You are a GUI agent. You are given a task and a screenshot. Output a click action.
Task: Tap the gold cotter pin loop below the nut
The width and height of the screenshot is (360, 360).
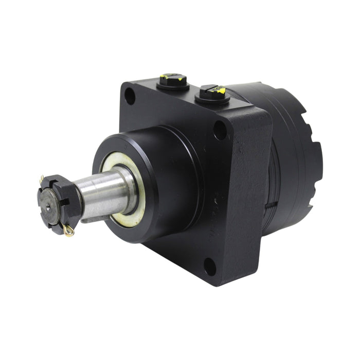point(68,231)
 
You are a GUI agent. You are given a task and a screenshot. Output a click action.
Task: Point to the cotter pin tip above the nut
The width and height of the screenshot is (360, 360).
point(41,178)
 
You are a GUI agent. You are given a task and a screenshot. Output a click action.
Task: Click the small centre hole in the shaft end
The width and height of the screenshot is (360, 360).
point(48,206)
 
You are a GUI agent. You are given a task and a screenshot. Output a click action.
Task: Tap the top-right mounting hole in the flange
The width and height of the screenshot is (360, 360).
point(220,131)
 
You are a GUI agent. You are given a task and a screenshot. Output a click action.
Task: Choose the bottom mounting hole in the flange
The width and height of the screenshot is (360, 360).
point(209,266)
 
